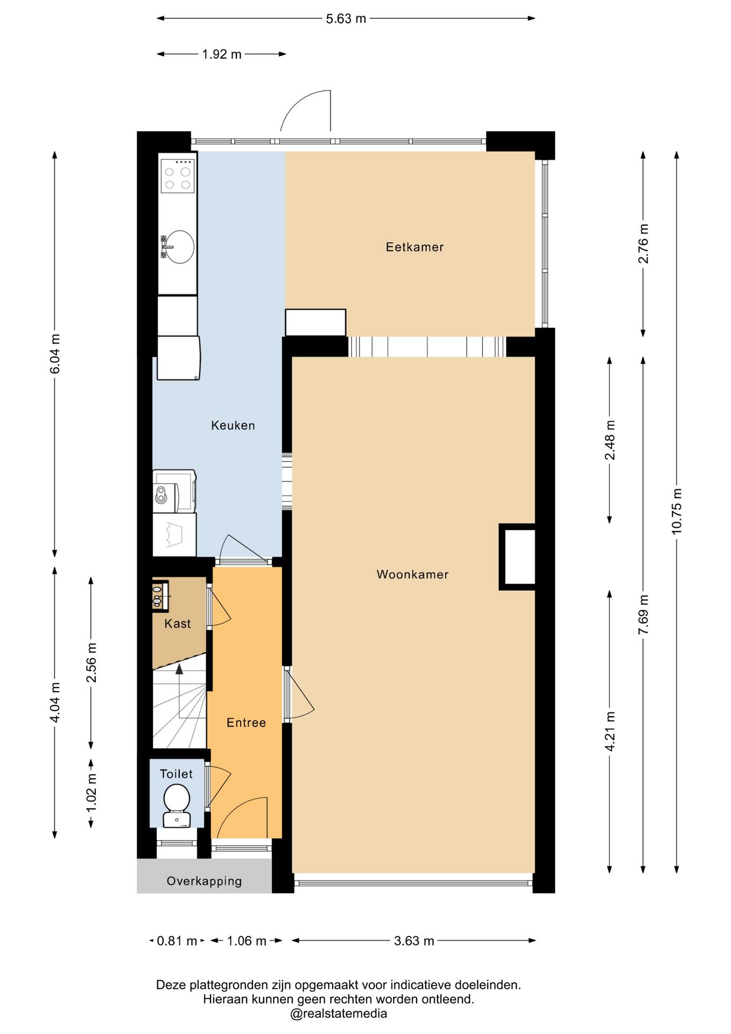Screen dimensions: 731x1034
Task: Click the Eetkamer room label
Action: (x=414, y=247)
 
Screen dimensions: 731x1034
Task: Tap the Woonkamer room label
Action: (x=412, y=574)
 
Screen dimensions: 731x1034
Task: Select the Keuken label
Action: (x=233, y=425)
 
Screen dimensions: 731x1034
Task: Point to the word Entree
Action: (x=246, y=723)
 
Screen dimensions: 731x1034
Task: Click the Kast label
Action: (x=178, y=624)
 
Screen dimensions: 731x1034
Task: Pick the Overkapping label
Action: (x=204, y=881)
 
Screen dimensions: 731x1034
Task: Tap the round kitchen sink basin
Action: (x=180, y=247)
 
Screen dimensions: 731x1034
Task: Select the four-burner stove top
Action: (x=178, y=176)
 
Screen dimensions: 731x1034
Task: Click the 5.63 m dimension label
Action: (x=346, y=19)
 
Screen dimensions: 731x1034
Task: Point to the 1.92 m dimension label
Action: (x=222, y=54)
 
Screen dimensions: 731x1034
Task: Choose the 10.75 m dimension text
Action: (x=677, y=511)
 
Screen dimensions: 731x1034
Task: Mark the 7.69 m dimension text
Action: (x=643, y=614)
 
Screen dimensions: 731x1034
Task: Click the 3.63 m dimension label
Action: (x=414, y=941)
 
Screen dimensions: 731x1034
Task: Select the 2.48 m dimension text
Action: (x=610, y=440)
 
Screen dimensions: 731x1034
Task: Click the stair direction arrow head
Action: (x=179, y=668)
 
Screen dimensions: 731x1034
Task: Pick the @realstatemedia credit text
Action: (x=339, y=1014)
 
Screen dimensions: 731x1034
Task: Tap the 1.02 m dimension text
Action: (x=92, y=793)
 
